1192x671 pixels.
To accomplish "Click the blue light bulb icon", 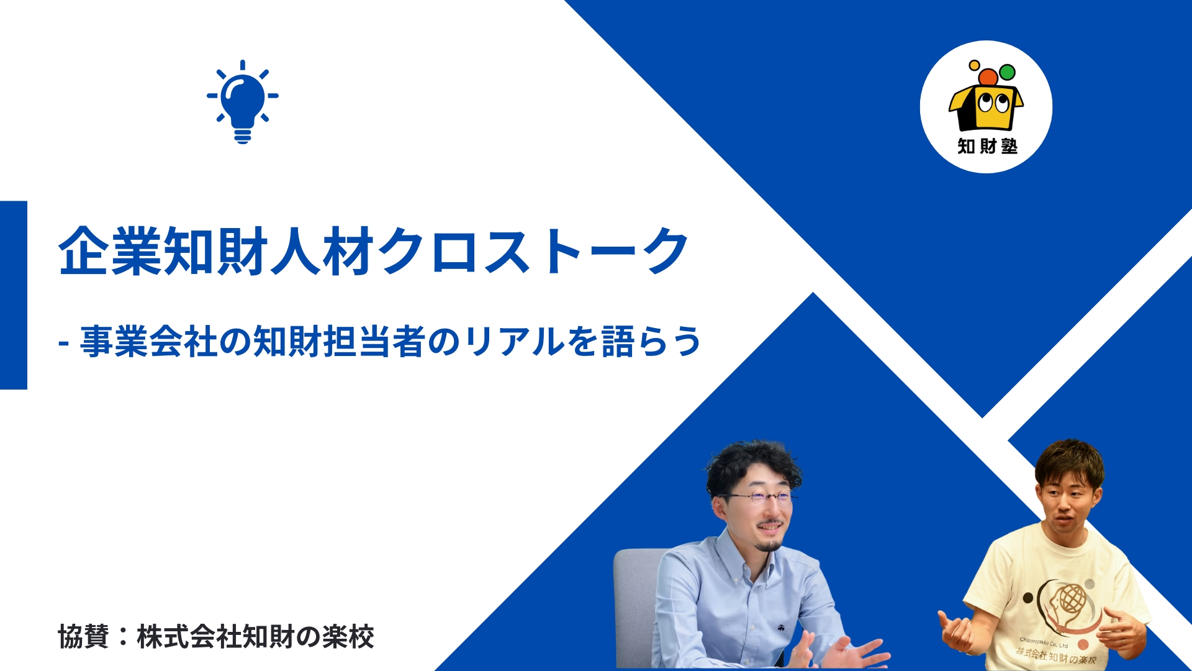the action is tap(243, 102).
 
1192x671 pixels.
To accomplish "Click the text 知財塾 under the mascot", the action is tap(987, 146).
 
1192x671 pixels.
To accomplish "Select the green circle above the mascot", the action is tap(1007, 73).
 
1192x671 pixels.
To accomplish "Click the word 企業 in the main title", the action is tap(111, 251).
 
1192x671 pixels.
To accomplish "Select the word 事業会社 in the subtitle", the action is tap(149, 342).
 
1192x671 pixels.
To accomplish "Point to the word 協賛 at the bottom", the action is tap(84, 637).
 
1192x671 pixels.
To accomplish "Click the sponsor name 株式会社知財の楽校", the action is tap(255, 637).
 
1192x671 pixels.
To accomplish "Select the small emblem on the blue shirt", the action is tap(779, 628).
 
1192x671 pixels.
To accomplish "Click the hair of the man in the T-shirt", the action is tap(1069, 463).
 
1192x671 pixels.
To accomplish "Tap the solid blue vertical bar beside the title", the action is tap(14, 295).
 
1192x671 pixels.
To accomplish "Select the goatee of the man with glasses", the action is tap(770, 545).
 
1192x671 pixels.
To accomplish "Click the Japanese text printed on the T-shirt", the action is tap(1056, 656).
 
